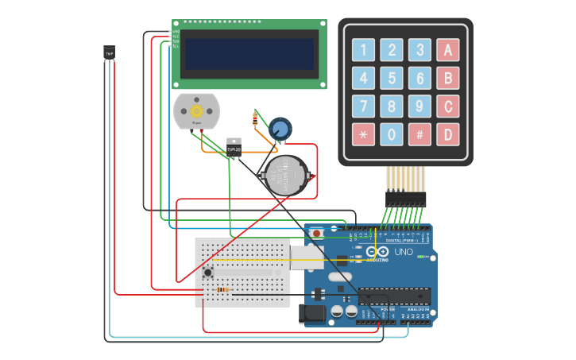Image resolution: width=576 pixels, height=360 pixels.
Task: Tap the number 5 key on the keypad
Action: click(392, 78)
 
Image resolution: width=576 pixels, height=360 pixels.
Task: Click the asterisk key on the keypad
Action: click(363, 134)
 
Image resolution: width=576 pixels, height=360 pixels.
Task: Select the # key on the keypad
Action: click(419, 134)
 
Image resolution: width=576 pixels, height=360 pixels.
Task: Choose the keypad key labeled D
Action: click(447, 134)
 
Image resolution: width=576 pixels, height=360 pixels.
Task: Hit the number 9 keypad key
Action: click(419, 106)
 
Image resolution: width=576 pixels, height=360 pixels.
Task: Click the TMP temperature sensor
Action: click(109, 52)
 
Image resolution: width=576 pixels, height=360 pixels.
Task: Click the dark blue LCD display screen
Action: click(249, 54)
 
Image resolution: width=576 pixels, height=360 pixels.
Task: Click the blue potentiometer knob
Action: click(280, 128)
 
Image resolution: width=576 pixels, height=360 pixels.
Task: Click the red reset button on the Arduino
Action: click(317, 233)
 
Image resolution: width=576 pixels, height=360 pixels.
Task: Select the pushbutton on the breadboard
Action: click(208, 273)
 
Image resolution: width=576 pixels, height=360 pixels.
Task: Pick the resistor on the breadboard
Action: click(222, 289)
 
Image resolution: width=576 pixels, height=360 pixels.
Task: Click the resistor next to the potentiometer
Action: click(254, 120)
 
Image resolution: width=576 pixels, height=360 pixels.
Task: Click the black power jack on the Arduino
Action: click(312, 313)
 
